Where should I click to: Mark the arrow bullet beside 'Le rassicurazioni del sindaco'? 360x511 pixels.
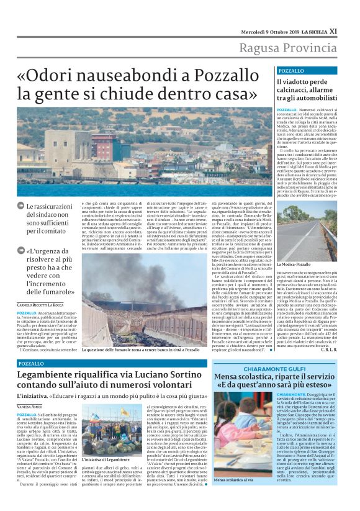point(21,206)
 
